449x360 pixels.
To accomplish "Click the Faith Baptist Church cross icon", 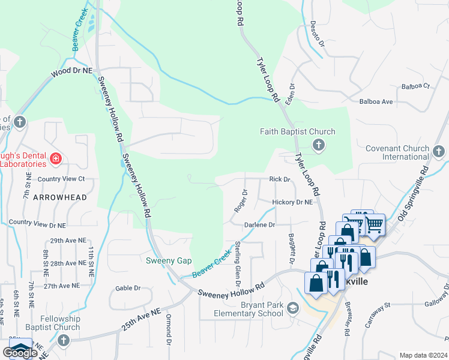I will click(318, 144).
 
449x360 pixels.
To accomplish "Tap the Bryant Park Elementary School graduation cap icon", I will click(293, 308).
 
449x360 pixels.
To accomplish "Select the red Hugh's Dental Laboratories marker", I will click(56, 159).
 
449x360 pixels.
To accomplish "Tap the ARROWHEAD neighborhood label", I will click(59, 197).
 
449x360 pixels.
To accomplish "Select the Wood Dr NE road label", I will click(72, 70).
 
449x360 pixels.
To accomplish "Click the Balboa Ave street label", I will click(376, 102).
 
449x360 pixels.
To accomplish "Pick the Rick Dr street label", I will click(280, 179).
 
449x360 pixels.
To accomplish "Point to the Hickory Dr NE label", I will click(292, 203).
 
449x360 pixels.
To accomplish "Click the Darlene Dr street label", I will click(259, 225).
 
